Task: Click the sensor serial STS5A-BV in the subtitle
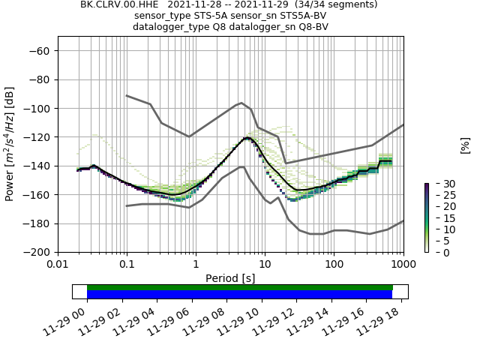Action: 301,16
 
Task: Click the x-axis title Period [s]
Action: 230,278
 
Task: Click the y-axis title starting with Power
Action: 10,144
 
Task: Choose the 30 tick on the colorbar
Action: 439,184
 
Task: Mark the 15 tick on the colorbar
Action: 439,218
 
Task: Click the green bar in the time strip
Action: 240,287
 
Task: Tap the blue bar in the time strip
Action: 240,295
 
